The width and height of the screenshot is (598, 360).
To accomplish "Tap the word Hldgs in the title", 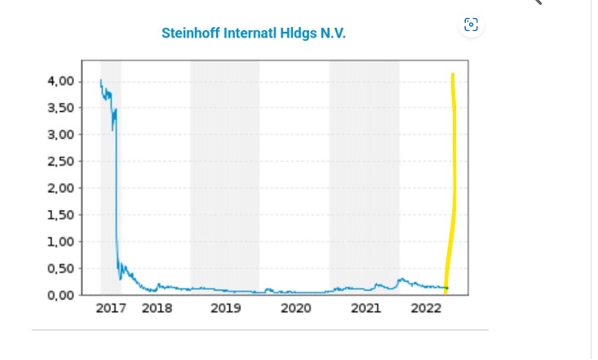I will click(x=295, y=33).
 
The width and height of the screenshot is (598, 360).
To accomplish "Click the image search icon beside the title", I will click(x=471, y=24).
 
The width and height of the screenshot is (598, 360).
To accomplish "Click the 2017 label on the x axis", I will click(x=111, y=308).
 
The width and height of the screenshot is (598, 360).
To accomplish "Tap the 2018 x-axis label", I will click(x=157, y=308).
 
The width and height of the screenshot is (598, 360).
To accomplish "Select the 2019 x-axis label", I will click(x=226, y=308).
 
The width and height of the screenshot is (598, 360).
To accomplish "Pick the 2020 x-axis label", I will click(x=296, y=308).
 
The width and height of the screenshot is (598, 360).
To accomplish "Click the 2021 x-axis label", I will click(x=366, y=308).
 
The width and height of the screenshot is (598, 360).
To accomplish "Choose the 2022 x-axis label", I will click(x=426, y=308).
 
